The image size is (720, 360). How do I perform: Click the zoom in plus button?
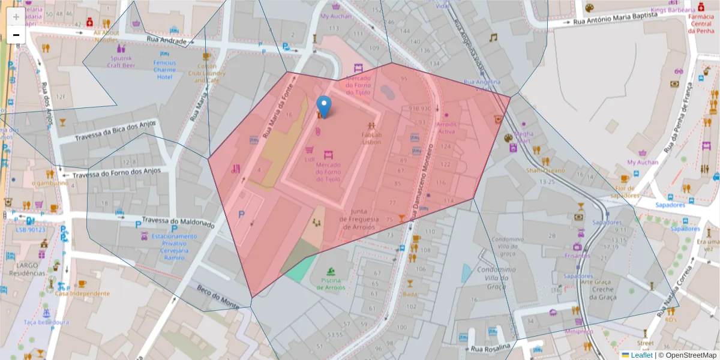(x=16, y=17)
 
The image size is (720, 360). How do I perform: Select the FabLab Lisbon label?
(x=371, y=138)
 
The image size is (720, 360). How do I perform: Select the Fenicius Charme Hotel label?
(x=164, y=70)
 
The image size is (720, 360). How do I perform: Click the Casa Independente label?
(x=83, y=293)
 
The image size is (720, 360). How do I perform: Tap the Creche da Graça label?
(x=603, y=293)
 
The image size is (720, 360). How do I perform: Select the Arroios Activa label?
(x=446, y=128)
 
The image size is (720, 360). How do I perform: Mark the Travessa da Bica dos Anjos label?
(x=115, y=131)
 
